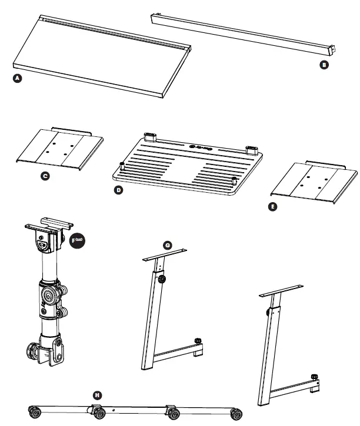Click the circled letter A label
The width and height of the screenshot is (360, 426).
18,80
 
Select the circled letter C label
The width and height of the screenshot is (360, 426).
45,175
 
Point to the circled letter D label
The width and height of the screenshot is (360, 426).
118,191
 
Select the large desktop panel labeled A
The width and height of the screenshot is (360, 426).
100,59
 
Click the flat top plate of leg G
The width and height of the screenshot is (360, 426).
165,255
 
